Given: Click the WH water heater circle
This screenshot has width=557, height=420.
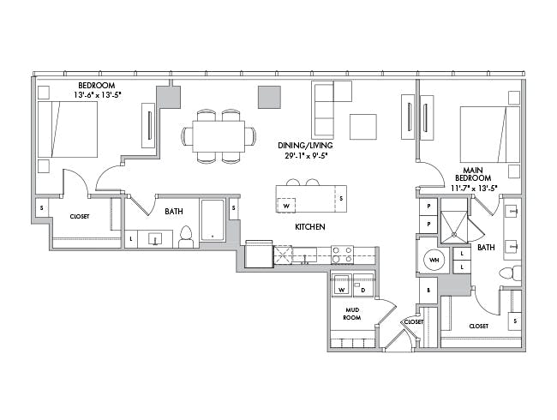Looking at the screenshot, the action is tap(434, 260).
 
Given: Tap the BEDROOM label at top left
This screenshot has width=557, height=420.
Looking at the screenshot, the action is tap(97, 85).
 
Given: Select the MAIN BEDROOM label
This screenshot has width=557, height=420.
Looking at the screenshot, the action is tap(473, 174).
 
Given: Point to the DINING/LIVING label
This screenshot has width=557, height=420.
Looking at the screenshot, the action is tap(306, 146).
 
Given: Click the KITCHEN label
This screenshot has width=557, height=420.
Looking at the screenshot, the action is tap(310, 226).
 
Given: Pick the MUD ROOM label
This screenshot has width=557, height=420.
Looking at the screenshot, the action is tap(352, 314).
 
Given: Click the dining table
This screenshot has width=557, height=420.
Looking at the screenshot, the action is tap(219, 136).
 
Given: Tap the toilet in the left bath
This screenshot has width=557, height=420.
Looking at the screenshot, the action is tap(186, 237).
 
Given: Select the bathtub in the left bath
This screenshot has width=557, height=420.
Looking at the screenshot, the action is tap(213, 220).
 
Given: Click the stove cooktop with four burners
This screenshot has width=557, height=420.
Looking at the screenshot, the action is tap(343, 255).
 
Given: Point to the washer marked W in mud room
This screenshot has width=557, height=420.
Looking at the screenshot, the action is tap(341, 285).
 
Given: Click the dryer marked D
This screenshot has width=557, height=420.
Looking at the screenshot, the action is tap(363, 285).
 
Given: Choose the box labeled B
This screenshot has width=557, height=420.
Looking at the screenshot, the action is tap(428, 290).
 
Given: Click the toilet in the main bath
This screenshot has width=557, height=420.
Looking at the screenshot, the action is tap(510, 273).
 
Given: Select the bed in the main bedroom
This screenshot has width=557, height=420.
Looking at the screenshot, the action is tap(490, 135).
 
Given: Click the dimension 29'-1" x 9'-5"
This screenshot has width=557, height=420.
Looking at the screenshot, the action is tap(306, 155).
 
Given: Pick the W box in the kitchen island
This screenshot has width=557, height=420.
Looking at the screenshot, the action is tap(286, 205).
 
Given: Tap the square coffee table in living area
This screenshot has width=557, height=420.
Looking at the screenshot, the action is tap(363, 127).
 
